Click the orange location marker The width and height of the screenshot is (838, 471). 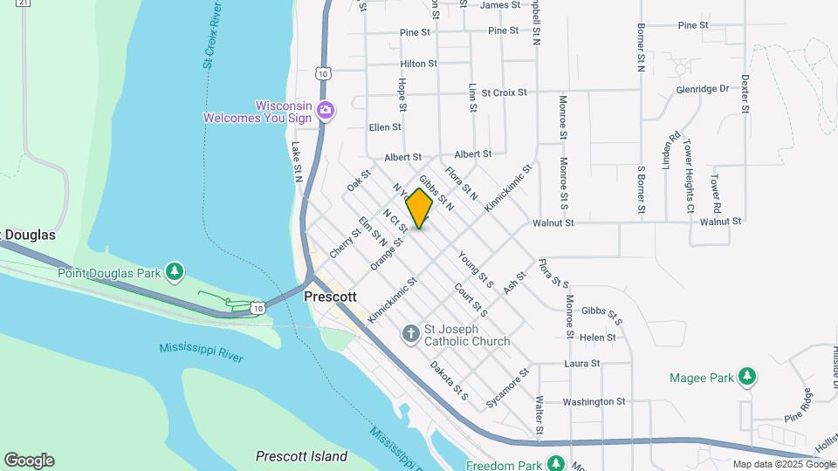point(420,208)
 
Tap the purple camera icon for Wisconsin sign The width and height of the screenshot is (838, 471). point(326,110)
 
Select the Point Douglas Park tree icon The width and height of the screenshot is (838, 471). point(175,272)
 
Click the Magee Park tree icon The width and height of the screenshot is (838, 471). point(746,377)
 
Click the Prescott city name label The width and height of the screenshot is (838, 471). point(330,297)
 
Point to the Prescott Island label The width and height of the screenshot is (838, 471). point(301,456)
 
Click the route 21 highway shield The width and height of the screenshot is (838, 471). point(24,3)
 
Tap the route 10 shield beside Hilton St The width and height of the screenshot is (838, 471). point(323,74)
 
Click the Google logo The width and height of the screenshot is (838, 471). point(29,461)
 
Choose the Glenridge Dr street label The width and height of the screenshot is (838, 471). point(702,89)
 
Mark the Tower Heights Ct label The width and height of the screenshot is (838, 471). point(688,176)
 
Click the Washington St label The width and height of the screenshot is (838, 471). point(594,402)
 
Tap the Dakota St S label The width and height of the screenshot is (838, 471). point(450,381)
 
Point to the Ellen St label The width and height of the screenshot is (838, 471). point(385,126)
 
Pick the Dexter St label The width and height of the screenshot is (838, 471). point(745,93)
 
